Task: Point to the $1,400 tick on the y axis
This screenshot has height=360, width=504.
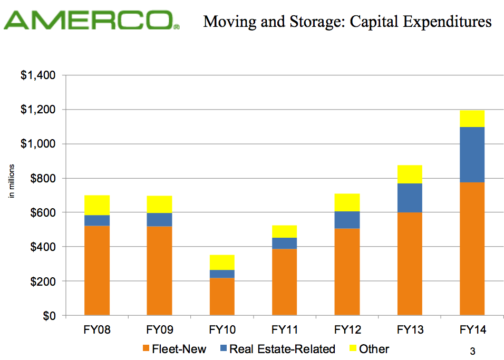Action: [x=38, y=75]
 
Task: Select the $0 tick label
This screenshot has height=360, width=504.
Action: [x=48, y=316]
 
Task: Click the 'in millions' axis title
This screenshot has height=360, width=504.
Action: [x=11, y=181]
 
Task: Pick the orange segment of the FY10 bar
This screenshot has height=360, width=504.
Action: [x=222, y=296]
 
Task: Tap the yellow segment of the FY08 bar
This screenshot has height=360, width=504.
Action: [x=97, y=205]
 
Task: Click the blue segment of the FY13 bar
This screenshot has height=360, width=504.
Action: [x=410, y=198]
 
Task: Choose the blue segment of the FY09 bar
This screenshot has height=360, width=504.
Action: [x=159, y=219]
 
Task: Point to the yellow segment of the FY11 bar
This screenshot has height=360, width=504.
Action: [x=284, y=231]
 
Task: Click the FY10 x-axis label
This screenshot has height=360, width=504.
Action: [x=222, y=330]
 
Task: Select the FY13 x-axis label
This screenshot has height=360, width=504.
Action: [x=410, y=330]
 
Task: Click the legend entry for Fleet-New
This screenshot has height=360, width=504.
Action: [x=175, y=349]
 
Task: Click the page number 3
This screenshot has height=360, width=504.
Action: [x=472, y=351]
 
